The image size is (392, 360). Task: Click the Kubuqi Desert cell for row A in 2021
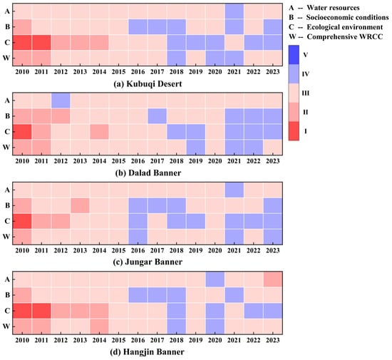234,11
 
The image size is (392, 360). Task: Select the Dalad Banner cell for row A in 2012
61,101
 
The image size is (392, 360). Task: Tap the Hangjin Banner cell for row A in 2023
273,279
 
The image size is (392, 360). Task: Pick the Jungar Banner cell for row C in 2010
22,221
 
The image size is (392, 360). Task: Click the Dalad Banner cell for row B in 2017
158,116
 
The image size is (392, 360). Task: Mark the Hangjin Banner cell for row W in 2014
100,326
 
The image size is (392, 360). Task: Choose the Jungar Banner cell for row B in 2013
80,205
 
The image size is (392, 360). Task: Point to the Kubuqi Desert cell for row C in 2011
41,43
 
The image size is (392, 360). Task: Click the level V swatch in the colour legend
294,55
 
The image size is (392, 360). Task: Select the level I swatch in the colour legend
294,131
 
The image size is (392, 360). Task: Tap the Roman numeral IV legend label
306,74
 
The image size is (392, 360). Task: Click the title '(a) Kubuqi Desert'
148,83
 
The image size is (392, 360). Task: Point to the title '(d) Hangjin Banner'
147,352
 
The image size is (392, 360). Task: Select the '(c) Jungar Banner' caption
148,262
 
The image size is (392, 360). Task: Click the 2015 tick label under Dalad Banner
118,161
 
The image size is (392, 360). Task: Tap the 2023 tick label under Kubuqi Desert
273,72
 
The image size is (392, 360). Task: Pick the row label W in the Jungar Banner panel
6,237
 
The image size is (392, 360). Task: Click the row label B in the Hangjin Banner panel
8,295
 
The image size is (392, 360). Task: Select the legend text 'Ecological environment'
345,27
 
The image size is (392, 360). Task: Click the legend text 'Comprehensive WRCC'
345,37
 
